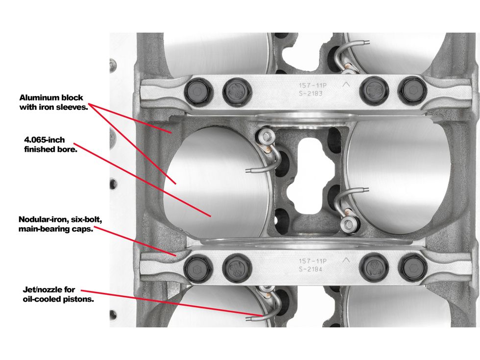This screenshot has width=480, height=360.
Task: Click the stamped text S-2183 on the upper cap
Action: tap(311, 94)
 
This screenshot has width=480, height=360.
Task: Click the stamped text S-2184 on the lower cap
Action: tap(311, 269)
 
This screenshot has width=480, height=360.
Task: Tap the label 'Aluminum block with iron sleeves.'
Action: tap(53, 102)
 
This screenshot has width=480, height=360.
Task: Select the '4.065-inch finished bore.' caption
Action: tap(50, 144)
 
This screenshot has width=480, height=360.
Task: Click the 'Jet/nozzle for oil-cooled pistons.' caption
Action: tap(58, 294)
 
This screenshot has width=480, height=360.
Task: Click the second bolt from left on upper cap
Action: tap(237, 91)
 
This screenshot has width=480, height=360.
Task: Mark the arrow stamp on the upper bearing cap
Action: tap(346, 84)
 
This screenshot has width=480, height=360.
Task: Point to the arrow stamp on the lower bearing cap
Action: tap(346, 260)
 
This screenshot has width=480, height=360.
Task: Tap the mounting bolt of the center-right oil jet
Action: tap(348, 225)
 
